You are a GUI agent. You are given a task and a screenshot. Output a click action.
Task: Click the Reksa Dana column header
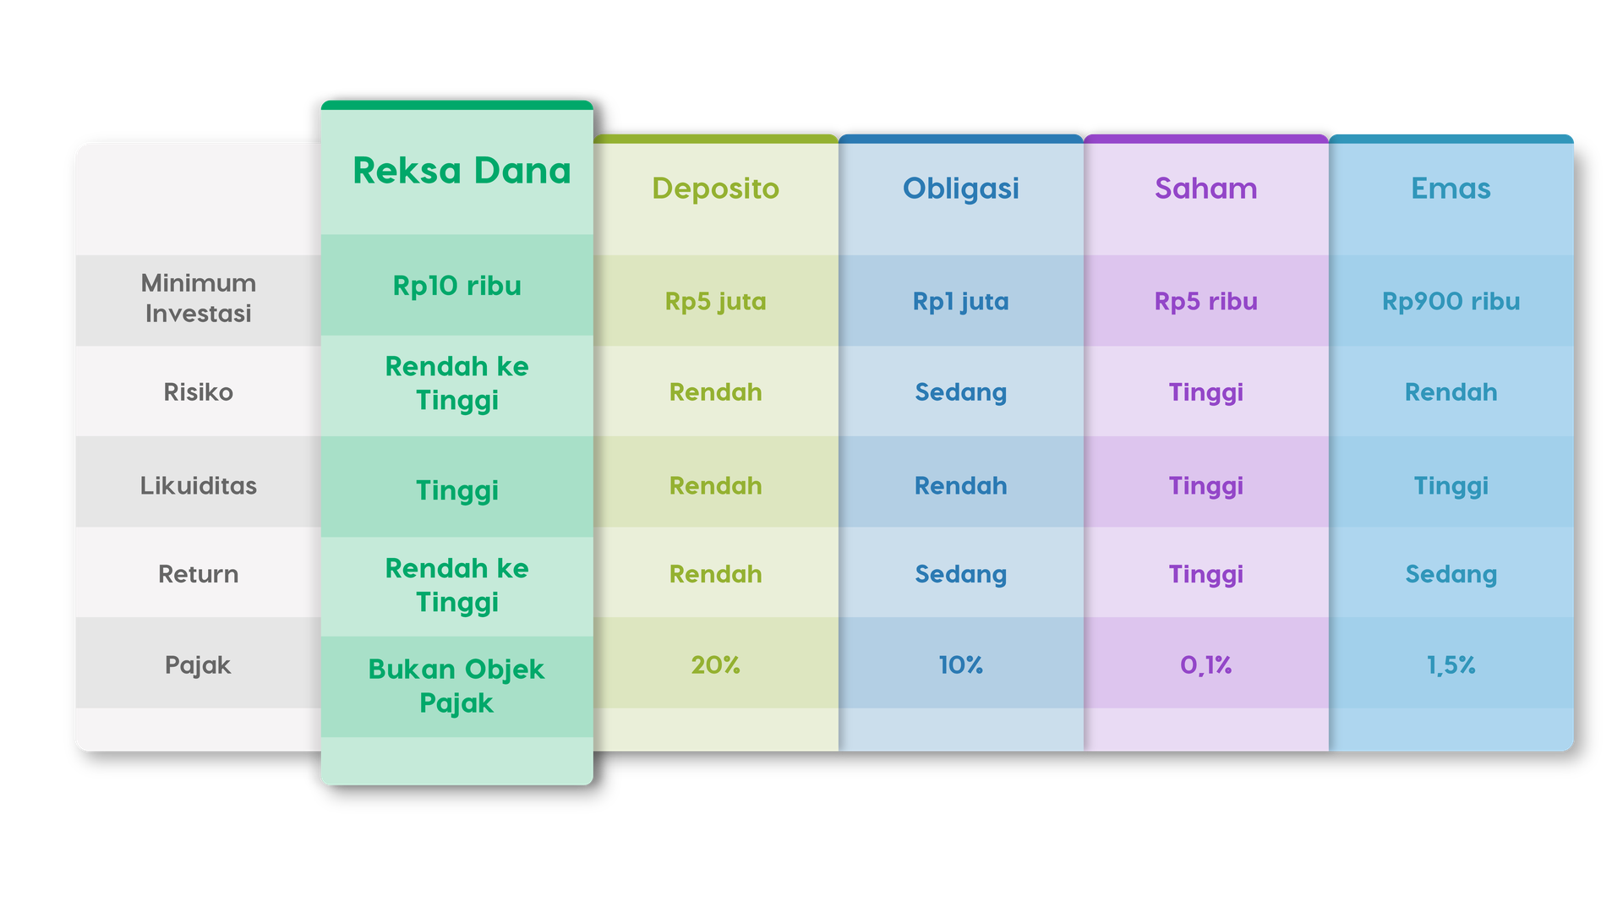point(462,171)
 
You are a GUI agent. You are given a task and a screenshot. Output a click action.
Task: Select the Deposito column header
point(715,189)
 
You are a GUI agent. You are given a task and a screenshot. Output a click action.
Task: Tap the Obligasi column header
point(960,189)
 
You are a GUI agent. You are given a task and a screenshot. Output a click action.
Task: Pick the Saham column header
point(1205,189)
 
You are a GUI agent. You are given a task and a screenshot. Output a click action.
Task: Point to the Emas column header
point(1451,189)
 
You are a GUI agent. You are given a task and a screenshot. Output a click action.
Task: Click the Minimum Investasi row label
point(198,298)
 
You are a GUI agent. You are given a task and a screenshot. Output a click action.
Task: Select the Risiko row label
point(198,392)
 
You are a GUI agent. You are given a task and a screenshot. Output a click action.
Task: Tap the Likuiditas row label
point(198,486)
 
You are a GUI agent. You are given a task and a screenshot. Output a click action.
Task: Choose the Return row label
point(198,575)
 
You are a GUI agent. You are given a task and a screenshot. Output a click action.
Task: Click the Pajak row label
point(198,665)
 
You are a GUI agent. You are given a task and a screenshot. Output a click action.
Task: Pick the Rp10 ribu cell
point(456,286)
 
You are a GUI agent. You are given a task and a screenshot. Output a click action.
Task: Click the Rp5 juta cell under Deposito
point(715,302)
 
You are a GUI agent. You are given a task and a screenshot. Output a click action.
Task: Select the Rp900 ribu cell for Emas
point(1451,302)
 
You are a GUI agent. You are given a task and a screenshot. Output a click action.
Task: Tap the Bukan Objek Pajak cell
point(456,686)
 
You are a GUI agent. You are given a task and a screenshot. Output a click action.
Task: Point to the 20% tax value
point(715,665)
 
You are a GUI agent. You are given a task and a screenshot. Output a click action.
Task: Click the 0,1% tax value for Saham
point(1205,665)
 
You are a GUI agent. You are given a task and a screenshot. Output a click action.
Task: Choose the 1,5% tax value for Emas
point(1451,665)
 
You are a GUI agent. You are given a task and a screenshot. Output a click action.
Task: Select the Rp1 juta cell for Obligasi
point(960,302)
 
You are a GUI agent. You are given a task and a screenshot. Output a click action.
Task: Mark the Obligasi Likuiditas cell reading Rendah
point(960,486)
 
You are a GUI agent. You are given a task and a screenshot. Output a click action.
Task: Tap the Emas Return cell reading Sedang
point(1451,575)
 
